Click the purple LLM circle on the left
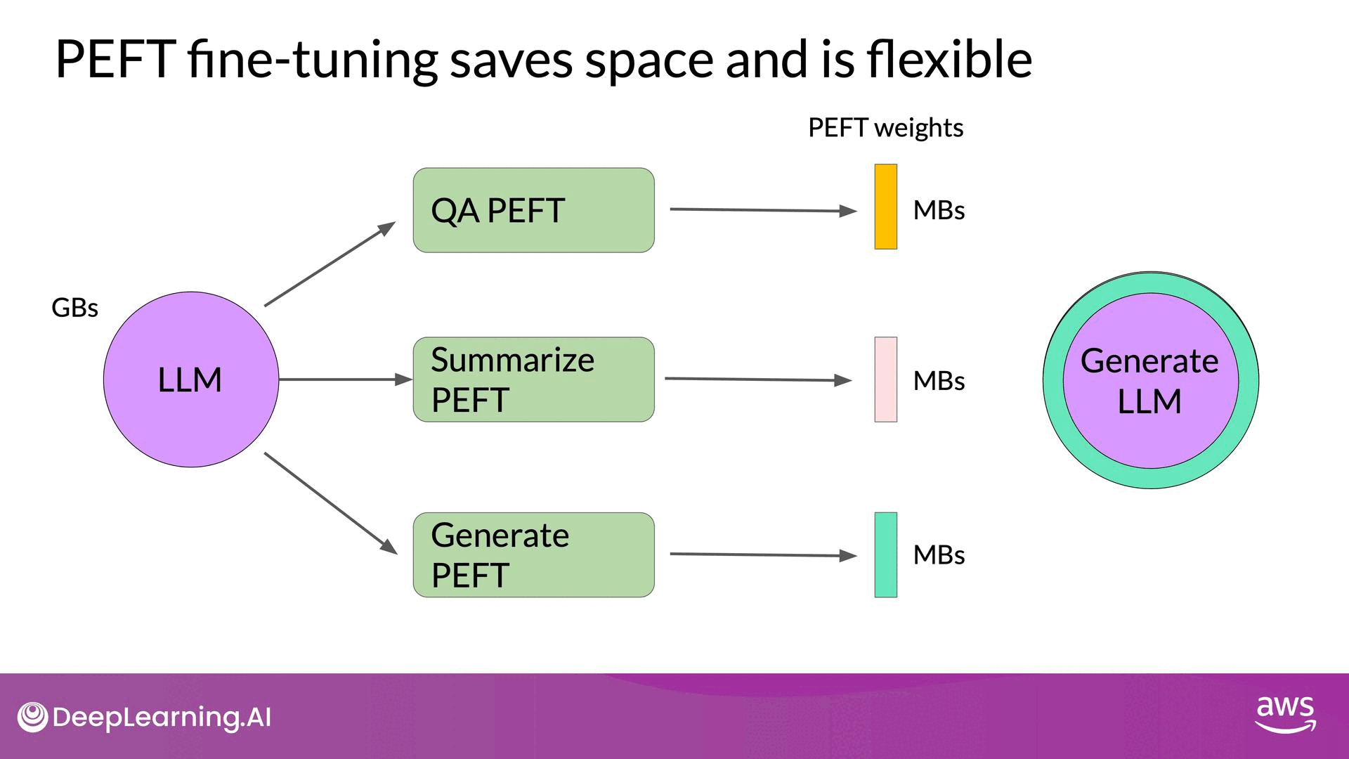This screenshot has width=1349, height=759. [x=190, y=379]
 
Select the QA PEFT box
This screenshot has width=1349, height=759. [x=533, y=210]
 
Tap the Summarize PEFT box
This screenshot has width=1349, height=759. [x=533, y=379]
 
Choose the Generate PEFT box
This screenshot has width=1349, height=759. [x=533, y=555]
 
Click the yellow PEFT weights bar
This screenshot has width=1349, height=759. [x=885, y=207]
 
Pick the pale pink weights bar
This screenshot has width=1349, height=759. [x=885, y=379]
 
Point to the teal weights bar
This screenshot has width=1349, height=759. [x=885, y=555]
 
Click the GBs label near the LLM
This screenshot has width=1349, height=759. [x=74, y=308]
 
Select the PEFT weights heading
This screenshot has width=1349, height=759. [x=885, y=128]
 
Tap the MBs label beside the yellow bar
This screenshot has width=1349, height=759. [x=939, y=210]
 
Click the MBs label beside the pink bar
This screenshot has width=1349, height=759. [x=939, y=381]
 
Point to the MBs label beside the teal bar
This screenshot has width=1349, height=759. [x=939, y=555]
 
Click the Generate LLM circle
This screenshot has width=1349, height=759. [x=1150, y=380]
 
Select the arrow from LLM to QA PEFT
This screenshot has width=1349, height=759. [x=330, y=264]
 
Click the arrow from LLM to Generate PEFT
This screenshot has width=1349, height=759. [x=330, y=503]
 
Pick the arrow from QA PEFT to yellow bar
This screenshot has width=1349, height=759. [x=763, y=209]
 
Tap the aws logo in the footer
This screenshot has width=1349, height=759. [x=1285, y=714]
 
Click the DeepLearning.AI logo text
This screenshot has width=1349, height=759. [x=161, y=718]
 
